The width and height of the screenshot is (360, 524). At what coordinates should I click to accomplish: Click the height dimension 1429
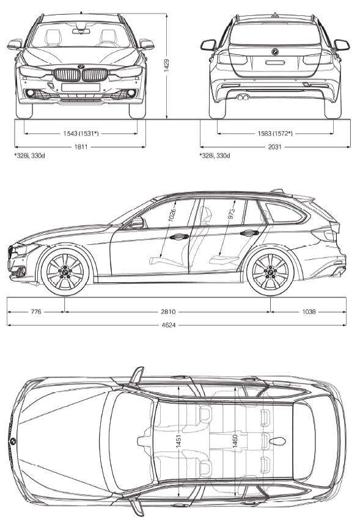tap(167, 66)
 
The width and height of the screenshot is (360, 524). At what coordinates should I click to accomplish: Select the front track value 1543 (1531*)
tap(81, 134)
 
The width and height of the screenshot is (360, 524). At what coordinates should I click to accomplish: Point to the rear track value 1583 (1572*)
tap(275, 134)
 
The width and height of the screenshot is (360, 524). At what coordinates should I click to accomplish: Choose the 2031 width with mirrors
tap(274, 147)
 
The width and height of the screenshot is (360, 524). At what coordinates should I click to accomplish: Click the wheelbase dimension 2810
tap(168, 312)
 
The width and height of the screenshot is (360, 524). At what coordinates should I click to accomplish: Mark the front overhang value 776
tap(36, 312)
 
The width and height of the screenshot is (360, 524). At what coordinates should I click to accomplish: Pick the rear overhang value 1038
tap(309, 312)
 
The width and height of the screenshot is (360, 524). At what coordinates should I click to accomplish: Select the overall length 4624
tap(168, 325)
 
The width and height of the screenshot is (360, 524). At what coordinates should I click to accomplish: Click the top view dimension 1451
tap(178, 441)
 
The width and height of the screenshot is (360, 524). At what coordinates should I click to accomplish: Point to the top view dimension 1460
tap(235, 442)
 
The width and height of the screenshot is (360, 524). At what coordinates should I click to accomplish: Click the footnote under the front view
tap(29, 156)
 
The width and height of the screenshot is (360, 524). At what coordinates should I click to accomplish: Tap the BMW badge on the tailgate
tap(275, 52)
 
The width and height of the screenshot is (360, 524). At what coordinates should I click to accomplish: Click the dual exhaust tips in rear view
tap(243, 97)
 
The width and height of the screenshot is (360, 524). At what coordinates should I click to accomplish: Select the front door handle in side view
tap(178, 236)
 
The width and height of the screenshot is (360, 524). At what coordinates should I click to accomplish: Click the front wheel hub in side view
tap(65, 271)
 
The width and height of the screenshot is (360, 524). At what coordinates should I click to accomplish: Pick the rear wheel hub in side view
tap(270, 271)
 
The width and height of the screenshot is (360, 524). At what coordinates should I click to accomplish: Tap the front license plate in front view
tap(81, 87)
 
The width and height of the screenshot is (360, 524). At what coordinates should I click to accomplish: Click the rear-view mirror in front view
tap(81, 31)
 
